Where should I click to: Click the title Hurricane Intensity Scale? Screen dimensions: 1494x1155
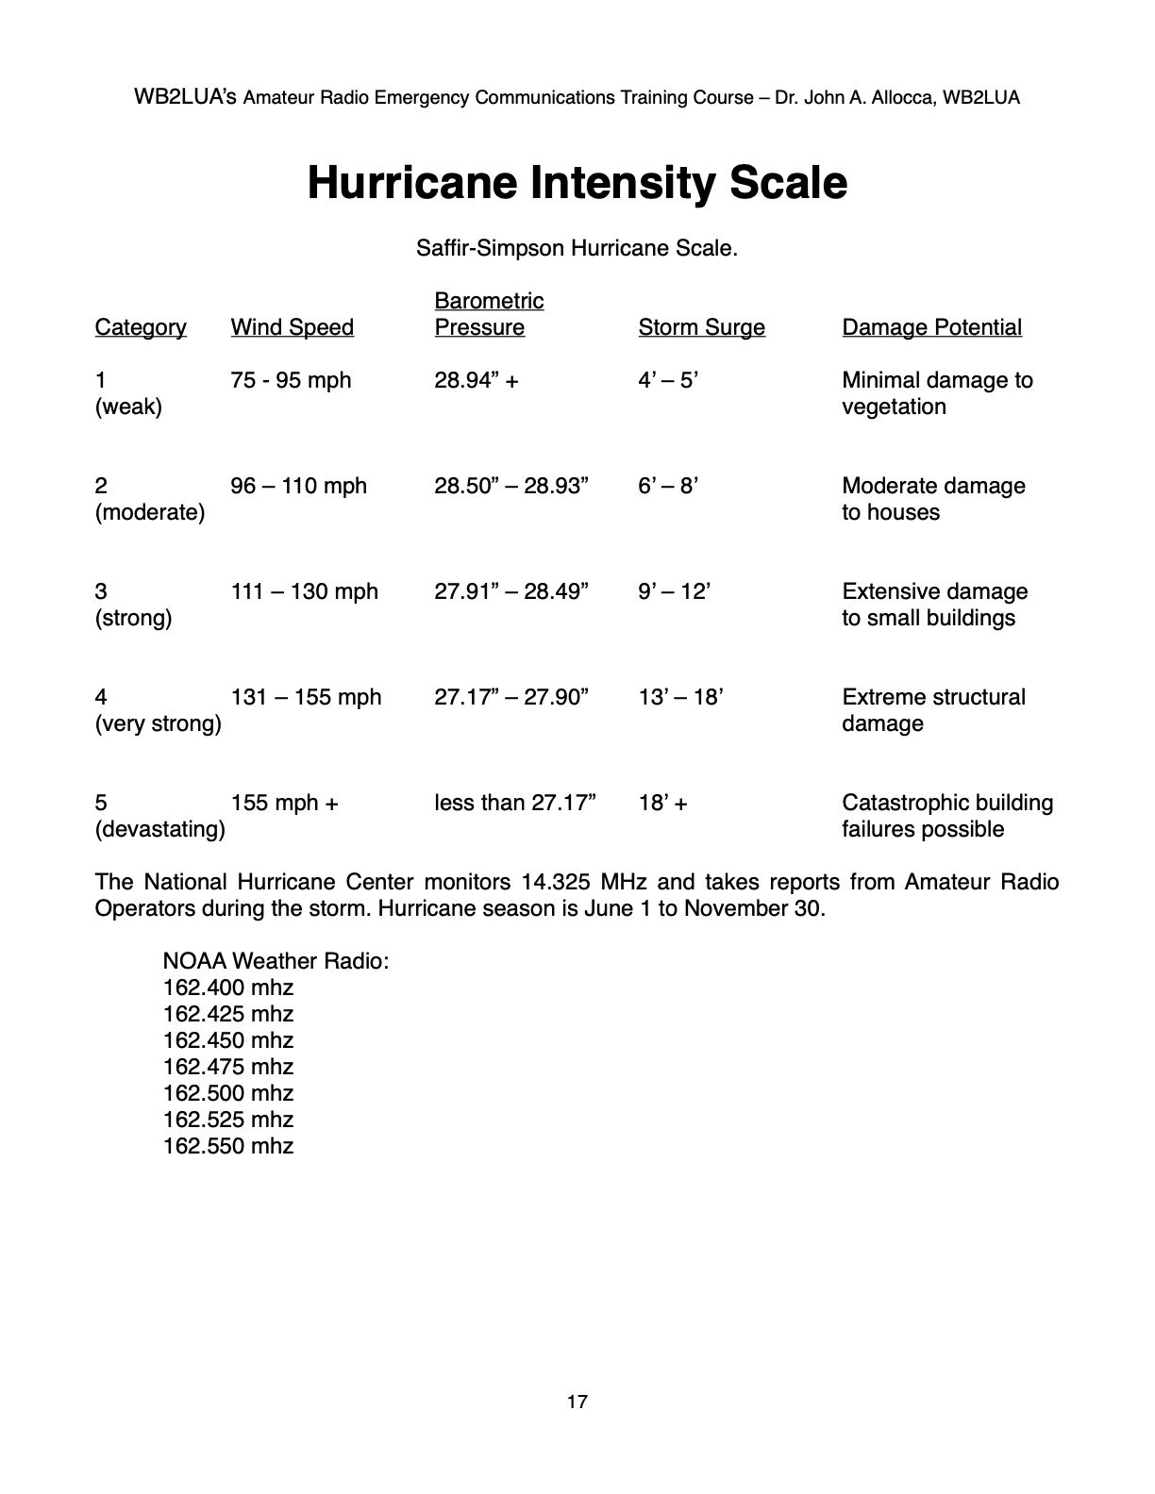577,182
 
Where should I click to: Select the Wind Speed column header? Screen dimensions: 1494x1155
292,327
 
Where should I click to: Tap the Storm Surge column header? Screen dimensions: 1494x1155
701,327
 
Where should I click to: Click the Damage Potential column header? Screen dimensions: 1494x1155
931,327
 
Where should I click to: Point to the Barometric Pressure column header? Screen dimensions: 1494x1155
489,314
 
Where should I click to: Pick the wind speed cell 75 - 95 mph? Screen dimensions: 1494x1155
291,380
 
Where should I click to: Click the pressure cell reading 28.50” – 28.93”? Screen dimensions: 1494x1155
511,486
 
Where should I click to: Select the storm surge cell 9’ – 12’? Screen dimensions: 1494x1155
674,591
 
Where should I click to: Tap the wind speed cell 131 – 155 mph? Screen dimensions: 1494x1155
306,697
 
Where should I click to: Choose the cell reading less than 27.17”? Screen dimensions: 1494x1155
515,803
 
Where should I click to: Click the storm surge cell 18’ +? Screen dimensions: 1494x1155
662,803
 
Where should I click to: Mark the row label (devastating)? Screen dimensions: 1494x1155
159,829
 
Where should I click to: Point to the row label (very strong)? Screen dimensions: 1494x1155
158,723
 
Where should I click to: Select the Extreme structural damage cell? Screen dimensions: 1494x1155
933,710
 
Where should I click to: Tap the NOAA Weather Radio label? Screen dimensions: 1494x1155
276,961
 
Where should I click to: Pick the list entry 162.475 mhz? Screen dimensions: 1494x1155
228,1067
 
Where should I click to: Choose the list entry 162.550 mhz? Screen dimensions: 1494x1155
228,1146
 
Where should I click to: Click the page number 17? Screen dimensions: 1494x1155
577,1402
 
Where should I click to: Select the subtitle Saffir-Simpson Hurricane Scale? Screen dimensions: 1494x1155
577,248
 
